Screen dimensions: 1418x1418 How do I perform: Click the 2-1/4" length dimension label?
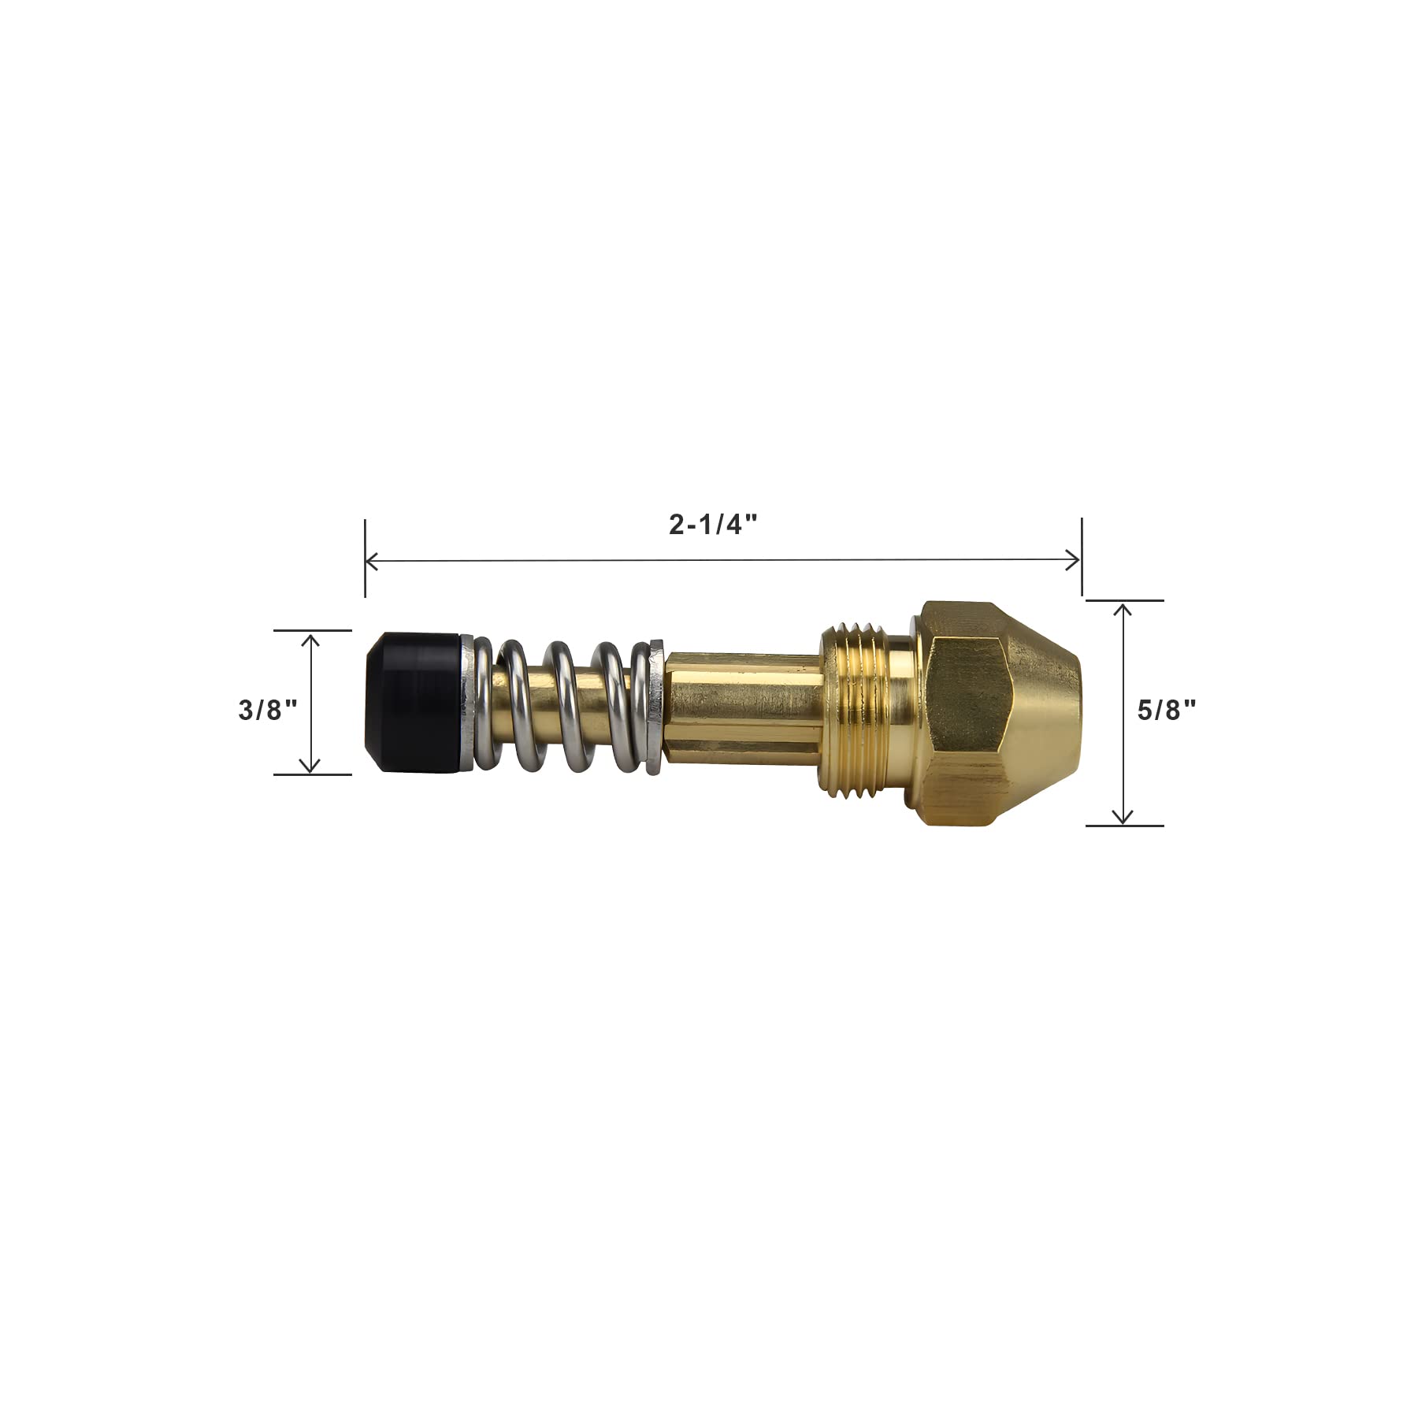[713, 525]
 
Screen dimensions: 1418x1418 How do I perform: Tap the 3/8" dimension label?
[268, 710]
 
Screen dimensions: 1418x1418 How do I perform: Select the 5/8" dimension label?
[1166, 711]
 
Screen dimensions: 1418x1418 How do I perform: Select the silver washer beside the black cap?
[467, 703]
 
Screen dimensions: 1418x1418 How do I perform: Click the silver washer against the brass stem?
[652, 706]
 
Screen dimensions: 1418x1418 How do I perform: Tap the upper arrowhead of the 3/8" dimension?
[311, 637]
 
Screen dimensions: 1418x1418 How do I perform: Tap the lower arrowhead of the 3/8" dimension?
[311, 767]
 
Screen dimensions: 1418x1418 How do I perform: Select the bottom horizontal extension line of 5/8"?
[1125, 826]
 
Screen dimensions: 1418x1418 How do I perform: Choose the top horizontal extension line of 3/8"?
[312, 630]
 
